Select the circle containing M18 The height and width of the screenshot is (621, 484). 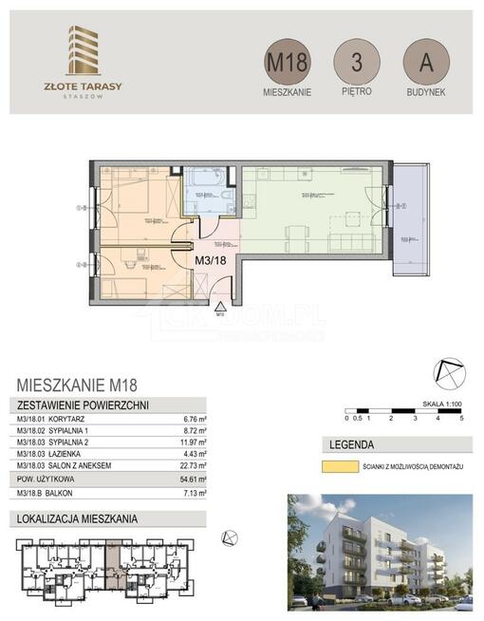coord(287,63)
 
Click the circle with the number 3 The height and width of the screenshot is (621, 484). coord(357,63)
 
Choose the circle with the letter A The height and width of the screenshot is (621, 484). coord(425,63)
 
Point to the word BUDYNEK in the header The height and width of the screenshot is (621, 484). coord(425,93)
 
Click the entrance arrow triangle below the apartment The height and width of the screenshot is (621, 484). coord(220,308)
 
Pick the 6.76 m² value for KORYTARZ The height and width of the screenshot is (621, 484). coord(195,417)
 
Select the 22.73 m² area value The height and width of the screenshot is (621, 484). coord(193,465)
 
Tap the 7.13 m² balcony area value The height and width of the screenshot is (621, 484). coord(195,496)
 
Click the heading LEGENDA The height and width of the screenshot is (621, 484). coord(350,444)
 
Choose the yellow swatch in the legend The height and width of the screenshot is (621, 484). coord(339,467)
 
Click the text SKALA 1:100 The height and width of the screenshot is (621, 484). coord(438,404)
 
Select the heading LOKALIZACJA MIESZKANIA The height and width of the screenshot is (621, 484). coord(77,518)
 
